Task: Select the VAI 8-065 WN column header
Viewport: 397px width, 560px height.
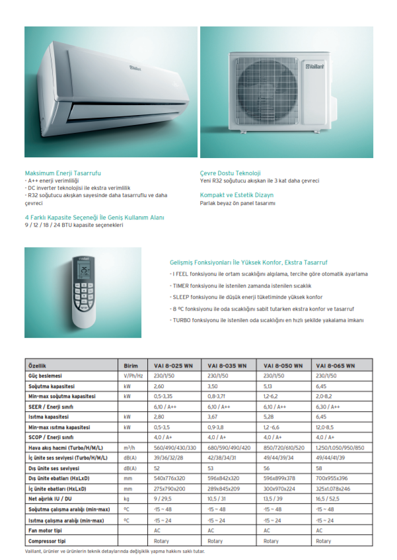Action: [x=336, y=366]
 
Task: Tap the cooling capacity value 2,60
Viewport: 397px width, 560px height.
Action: [x=159, y=385]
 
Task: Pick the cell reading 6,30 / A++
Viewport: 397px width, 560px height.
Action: [x=328, y=407]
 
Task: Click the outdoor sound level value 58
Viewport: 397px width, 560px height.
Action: [x=320, y=469]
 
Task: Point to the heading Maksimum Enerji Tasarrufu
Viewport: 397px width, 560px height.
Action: [x=62, y=173]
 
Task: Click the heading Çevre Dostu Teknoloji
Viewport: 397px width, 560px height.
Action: [x=230, y=173]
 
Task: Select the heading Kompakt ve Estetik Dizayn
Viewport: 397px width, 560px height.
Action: [x=236, y=195]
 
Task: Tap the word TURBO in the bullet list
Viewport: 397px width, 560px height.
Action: [x=182, y=320]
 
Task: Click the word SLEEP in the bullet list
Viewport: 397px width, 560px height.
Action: [x=182, y=297]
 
